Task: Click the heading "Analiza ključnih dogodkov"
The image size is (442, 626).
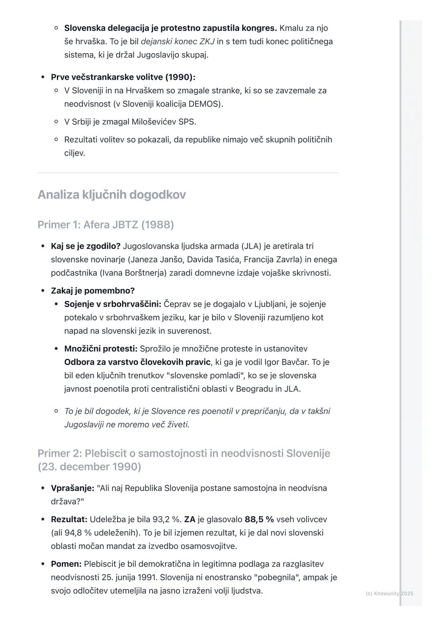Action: [112, 195]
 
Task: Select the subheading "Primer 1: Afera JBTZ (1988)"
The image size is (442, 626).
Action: [106, 225]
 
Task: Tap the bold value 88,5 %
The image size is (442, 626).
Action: [259, 519]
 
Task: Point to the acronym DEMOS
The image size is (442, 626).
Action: [205, 104]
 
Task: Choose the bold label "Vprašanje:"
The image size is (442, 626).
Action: [72, 488]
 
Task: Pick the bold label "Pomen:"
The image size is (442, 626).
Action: [66, 564]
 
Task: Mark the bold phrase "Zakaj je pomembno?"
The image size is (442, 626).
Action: [92, 290]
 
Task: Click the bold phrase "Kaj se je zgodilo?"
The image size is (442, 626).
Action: [86, 246]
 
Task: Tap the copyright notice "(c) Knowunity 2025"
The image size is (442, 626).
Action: [389, 593]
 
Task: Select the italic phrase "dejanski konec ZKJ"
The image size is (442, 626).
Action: [178, 41]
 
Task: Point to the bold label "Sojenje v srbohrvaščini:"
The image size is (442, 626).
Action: [113, 304]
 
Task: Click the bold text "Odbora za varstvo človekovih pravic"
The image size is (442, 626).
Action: [138, 362]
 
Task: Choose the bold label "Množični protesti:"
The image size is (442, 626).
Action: [101, 349]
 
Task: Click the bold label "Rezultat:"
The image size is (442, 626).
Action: [69, 519]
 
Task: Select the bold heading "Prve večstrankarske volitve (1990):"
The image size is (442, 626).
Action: [123, 77]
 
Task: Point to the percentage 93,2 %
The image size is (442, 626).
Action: [167, 519]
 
